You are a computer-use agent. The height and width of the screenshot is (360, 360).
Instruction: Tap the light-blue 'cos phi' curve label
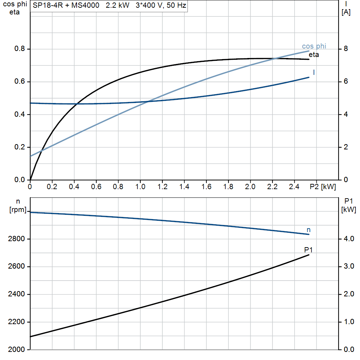tap(314, 46)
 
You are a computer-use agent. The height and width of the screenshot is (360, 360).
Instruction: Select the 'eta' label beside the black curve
tap(314, 54)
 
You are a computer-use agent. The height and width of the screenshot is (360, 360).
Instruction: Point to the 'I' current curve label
tap(314, 72)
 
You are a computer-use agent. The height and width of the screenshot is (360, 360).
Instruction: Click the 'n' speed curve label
tap(309, 230)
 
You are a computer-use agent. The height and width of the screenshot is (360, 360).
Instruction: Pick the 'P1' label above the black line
tap(308, 250)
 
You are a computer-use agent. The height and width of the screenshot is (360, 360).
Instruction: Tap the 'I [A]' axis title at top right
tap(346, 8)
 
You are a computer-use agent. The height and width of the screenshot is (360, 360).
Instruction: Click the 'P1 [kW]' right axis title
tap(348, 206)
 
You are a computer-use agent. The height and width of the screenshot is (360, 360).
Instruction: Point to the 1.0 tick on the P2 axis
tap(140, 187)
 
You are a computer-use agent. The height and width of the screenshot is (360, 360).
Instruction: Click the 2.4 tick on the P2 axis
tap(295, 187)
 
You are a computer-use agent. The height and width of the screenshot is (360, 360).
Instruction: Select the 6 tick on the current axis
tap(346, 82)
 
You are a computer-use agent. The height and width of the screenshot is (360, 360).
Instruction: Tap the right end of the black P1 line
tap(309, 255)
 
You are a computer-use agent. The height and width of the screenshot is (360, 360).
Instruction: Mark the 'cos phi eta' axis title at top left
tap(14, 8)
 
